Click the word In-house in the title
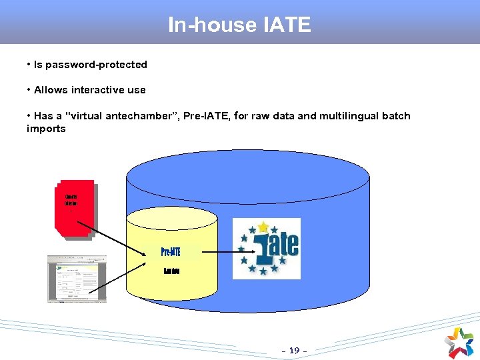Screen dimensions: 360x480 click(212, 25)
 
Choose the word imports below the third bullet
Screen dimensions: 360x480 click(46, 129)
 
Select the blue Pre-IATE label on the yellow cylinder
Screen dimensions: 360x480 click(171, 252)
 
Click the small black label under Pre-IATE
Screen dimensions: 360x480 click(171, 271)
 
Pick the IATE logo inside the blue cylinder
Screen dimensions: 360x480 click(267, 248)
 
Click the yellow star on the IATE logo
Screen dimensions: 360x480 click(264, 227)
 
